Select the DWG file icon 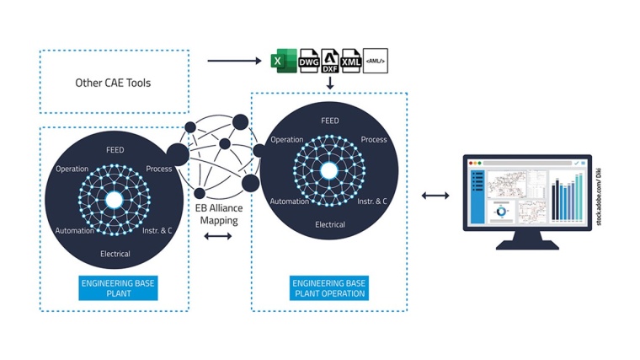click(308, 61)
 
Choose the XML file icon click(351, 61)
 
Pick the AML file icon click(375, 61)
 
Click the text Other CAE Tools click(113, 83)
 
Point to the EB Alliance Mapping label click(217, 214)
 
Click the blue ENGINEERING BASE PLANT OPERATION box click(329, 288)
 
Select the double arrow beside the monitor click(435, 196)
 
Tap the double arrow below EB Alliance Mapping click(217, 237)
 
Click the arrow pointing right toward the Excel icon click(235, 61)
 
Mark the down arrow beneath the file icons click(330, 84)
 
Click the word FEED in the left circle click(115, 150)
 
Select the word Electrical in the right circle click(330, 225)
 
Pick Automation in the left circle click(75, 231)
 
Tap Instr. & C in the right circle click(372, 201)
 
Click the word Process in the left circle click(158, 169)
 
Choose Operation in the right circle click(287, 140)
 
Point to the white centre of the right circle click(329, 171)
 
